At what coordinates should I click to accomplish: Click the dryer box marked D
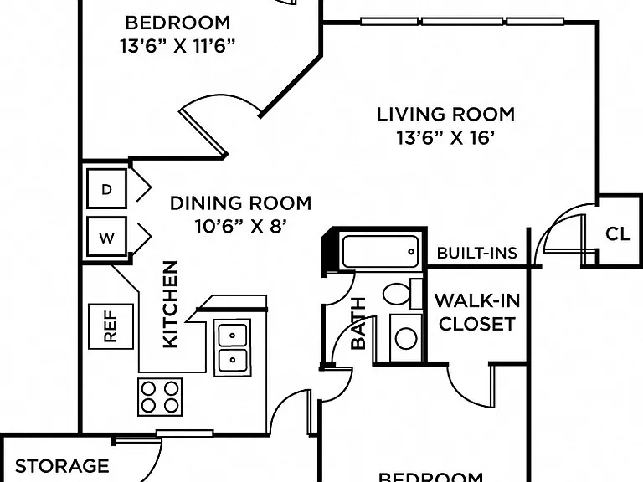(106, 188)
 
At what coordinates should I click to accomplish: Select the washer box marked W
(106, 237)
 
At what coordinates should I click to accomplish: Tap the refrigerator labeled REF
(111, 326)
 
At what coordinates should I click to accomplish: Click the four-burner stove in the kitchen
(160, 397)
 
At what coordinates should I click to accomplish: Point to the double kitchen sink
(233, 347)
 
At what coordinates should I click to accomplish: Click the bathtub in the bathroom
(380, 251)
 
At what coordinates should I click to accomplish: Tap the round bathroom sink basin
(406, 339)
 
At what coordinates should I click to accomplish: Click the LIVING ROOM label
(445, 115)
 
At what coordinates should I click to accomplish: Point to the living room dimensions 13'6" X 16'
(444, 138)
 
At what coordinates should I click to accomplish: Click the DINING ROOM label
(241, 203)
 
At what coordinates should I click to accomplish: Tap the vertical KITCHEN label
(170, 304)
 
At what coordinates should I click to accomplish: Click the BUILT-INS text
(477, 253)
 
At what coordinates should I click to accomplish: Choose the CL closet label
(618, 234)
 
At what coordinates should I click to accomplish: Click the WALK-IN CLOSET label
(477, 312)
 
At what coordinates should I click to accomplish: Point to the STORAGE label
(62, 466)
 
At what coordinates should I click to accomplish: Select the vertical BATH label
(358, 323)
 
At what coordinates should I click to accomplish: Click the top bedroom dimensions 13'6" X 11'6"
(177, 46)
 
